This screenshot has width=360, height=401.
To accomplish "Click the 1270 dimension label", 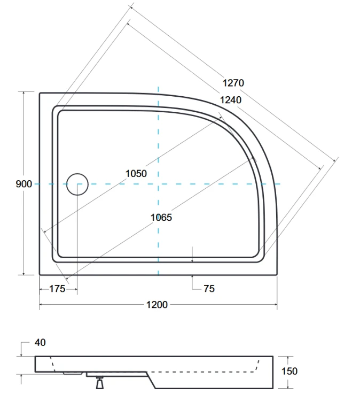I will (x=233, y=83).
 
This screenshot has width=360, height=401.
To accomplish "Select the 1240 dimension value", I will (x=230, y=100).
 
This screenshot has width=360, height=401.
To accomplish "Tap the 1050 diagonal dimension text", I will (x=136, y=173).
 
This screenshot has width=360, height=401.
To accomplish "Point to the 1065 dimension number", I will (x=161, y=218).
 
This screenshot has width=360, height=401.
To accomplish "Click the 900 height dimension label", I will (x=24, y=184).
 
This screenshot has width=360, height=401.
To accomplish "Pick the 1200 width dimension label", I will (x=157, y=305).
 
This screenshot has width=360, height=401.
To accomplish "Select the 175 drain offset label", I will (x=57, y=289).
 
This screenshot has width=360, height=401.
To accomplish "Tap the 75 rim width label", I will (x=209, y=289).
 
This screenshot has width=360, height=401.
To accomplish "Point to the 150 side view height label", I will (x=289, y=371).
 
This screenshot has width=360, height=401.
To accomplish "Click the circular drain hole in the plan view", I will (x=77, y=184).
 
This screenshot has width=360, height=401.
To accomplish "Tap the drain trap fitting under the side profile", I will (x=99, y=382).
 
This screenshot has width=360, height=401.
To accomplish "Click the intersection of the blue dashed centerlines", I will (x=158, y=184).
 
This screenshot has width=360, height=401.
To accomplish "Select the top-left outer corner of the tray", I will (x=40, y=92).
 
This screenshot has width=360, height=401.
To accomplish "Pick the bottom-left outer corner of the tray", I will (x=40, y=275).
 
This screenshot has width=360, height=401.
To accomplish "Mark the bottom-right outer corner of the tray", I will (x=277, y=275).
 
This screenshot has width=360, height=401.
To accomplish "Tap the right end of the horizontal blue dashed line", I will (x=283, y=184).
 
